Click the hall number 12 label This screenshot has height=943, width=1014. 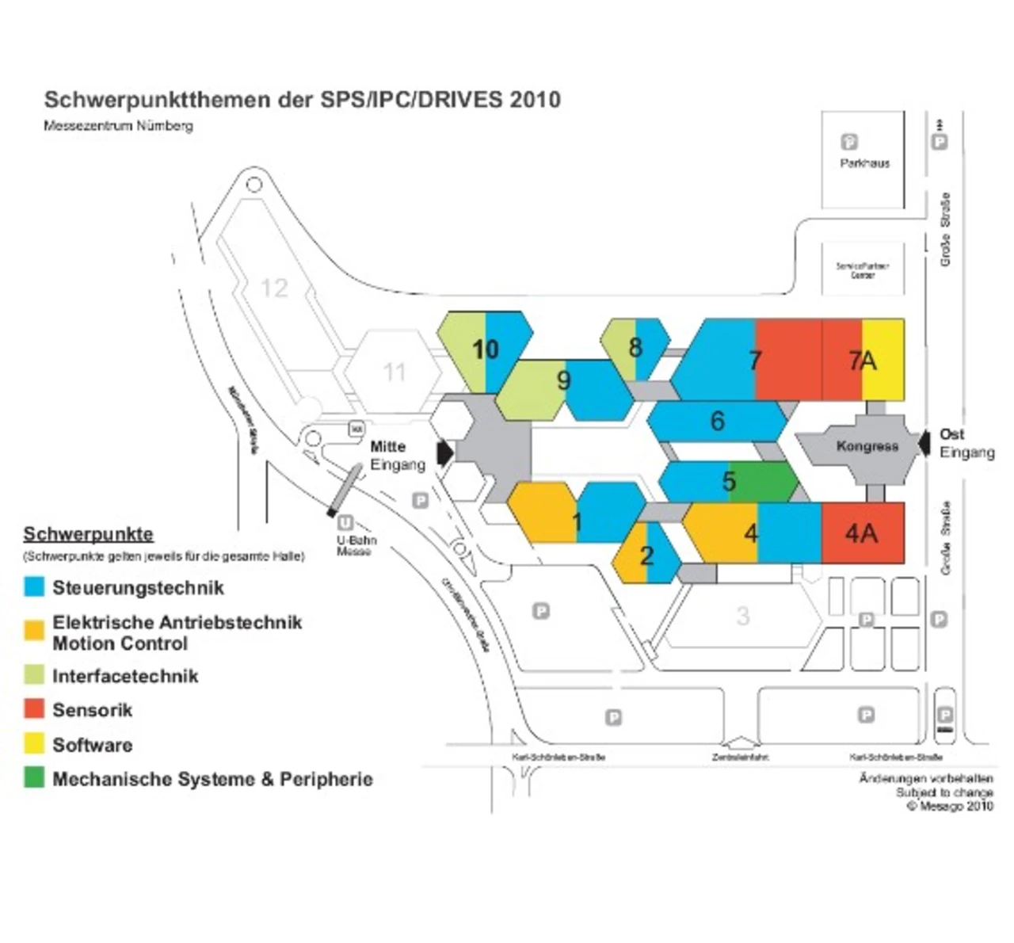click(274, 288)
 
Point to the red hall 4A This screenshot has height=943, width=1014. click(863, 533)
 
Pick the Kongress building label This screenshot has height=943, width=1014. click(867, 446)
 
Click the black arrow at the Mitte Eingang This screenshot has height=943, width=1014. click(444, 452)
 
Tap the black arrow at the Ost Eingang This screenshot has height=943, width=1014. click(924, 444)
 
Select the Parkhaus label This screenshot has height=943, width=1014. click(864, 163)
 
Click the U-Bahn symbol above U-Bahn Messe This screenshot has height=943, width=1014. click(345, 523)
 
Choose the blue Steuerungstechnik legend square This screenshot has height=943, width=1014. click(34, 586)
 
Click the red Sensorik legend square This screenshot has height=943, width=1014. click(34, 708)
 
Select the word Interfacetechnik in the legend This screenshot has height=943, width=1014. click(125, 676)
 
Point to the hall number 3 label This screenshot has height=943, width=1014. click(742, 616)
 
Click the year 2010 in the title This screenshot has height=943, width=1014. click(536, 100)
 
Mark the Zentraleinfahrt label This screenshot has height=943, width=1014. click(740, 758)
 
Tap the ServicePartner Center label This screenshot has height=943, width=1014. click(863, 270)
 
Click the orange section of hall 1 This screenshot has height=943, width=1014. click(542, 513)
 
